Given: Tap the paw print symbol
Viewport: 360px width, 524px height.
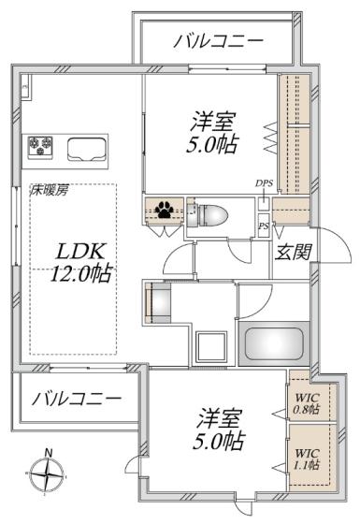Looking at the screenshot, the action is click(x=165, y=210).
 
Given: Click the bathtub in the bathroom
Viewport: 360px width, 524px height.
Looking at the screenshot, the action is click(x=274, y=343).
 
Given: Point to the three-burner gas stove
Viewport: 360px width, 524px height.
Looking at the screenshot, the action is click(x=41, y=147).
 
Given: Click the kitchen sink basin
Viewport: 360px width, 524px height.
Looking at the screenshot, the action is click(x=87, y=149).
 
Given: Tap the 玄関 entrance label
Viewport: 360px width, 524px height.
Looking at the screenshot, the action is click(x=294, y=252).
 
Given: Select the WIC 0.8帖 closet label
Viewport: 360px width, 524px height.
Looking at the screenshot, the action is click(x=306, y=403).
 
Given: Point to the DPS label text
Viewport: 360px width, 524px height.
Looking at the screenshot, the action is click(x=265, y=183).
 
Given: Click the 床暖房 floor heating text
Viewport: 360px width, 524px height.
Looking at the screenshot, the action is click(x=50, y=191).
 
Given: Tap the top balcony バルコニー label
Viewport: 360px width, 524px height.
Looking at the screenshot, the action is click(x=219, y=42).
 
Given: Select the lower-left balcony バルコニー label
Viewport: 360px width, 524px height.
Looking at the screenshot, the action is click(x=77, y=399).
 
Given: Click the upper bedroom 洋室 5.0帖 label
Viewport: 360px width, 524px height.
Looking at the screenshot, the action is click(x=213, y=133).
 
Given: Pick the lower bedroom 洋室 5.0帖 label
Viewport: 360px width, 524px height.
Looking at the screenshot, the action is click(x=219, y=429).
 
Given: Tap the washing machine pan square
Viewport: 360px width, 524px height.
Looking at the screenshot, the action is click(x=211, y=346).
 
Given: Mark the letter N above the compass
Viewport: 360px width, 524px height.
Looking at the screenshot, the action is click(x=49, y=453).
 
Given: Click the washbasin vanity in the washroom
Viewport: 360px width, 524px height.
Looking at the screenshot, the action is click(x=158, y=302).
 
